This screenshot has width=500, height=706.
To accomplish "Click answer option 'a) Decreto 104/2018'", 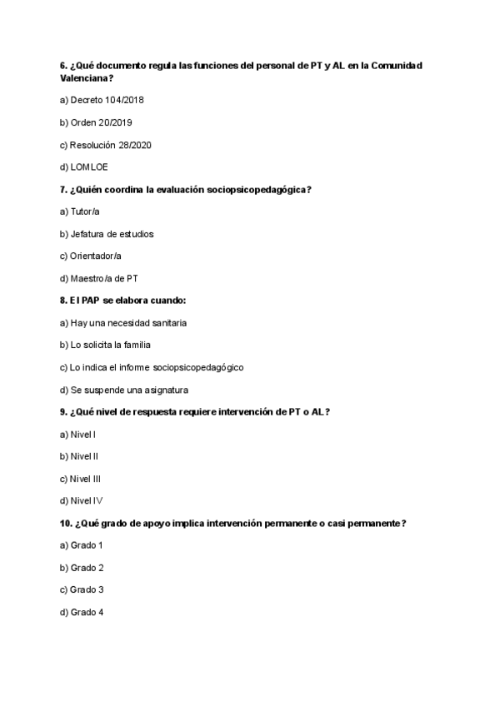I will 102,101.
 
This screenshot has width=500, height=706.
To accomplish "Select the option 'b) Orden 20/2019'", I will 96,122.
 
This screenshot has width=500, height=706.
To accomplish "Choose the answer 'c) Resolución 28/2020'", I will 105,145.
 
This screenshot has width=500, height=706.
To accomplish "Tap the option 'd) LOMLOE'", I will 84,167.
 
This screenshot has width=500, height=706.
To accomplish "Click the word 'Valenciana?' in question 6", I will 87,78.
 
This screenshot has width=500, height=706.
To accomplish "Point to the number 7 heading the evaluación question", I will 63,190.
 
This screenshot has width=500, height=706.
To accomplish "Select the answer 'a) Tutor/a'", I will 80,211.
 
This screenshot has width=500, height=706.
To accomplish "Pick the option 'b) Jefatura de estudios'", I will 107,234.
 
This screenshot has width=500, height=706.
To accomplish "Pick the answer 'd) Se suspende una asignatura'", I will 124,390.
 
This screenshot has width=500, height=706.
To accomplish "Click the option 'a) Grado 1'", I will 82,545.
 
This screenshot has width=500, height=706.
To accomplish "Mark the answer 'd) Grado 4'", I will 82,612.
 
